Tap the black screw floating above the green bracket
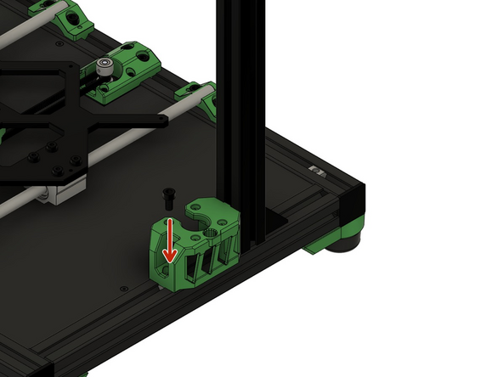[x=168, y=197]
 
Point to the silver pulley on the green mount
[x=105, y=66]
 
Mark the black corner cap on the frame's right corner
[x=353, y=202]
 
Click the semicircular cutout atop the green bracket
[x=204, y=213]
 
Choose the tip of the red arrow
[x=170, y=257]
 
